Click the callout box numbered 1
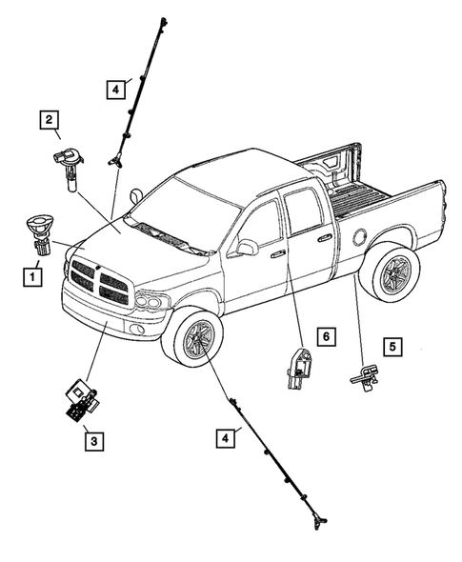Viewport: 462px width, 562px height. (x=32, y=278)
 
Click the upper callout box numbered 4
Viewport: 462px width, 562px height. (x=114, y=90)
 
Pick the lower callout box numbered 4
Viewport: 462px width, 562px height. (x=224, y=438)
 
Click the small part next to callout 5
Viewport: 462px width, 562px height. (x=365, y=378)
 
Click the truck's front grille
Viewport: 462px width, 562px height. (x=99, y=281)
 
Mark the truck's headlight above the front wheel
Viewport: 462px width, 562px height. (x=152, y=302)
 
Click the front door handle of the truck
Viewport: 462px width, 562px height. (x=277, y=254)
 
